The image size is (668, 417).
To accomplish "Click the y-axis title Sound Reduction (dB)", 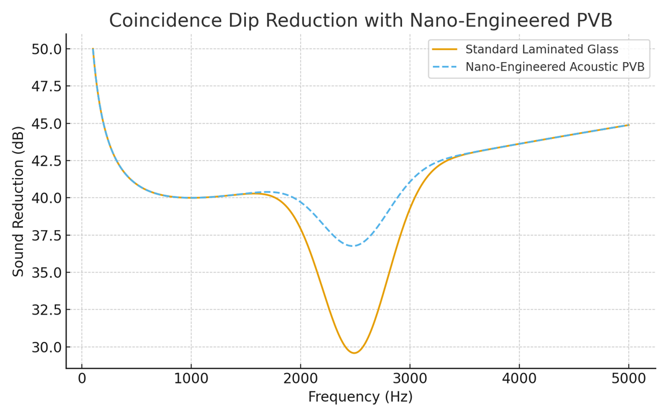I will [x=19, y=201].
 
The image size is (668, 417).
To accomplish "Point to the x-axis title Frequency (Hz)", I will [x=360, y=397].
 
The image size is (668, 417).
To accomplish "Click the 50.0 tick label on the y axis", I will [x=47, y=49].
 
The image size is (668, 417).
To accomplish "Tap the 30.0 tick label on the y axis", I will [x=47, y=347].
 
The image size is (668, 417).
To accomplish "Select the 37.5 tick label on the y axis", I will [x=47, y=235].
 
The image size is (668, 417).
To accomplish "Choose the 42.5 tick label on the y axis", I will [x=47, y=161].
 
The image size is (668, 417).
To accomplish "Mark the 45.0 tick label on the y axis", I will [x=47, y=123].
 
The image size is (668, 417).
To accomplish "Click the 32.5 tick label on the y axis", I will [x=47, y=310].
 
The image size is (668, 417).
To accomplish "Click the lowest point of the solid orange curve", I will [x=354, y=353].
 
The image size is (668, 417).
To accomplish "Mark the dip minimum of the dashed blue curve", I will [x=354, y=246].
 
